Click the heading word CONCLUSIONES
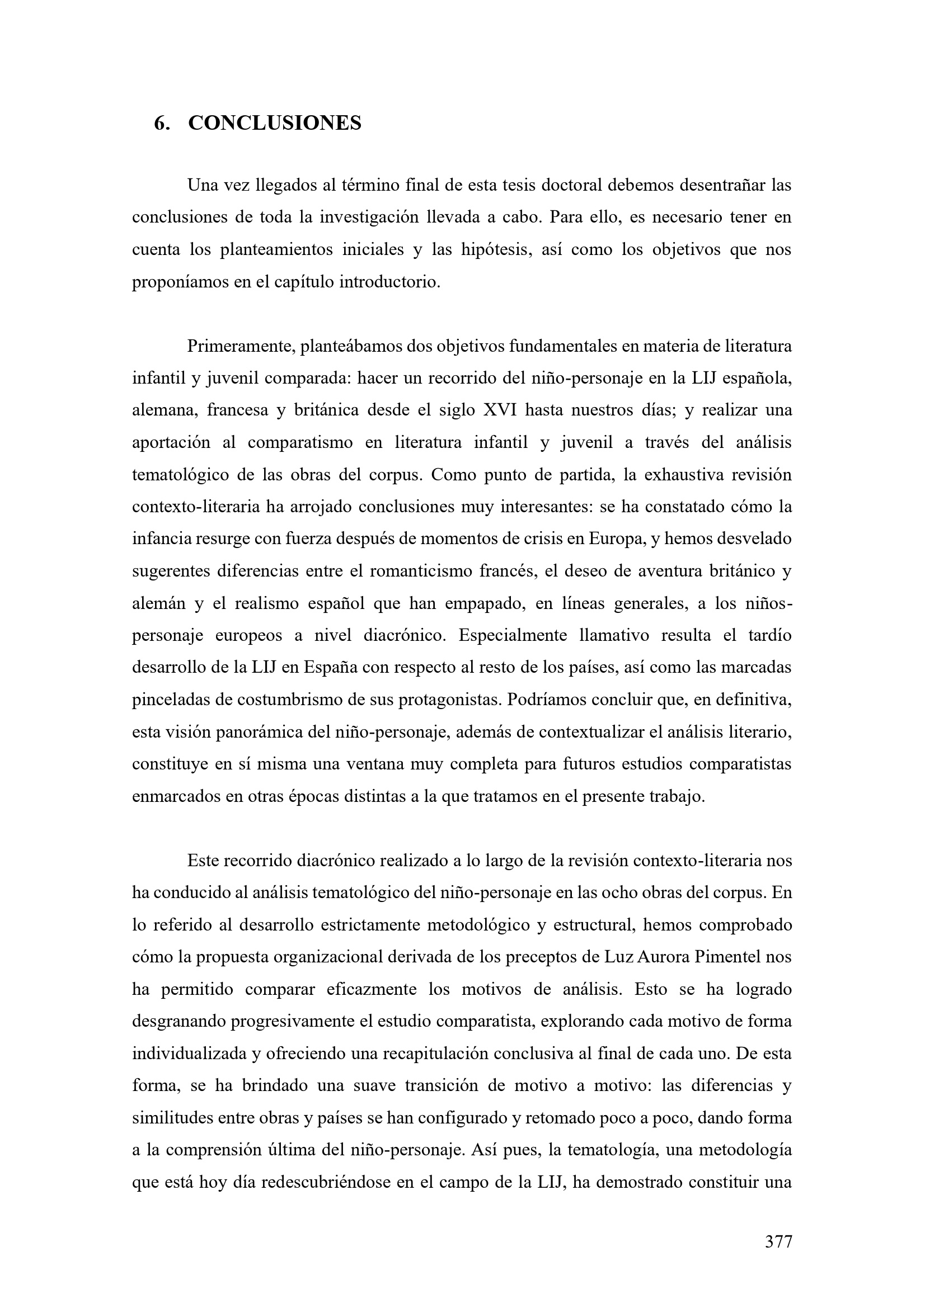(274, 123)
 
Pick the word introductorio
(390, 282)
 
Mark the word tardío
(770, 635)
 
